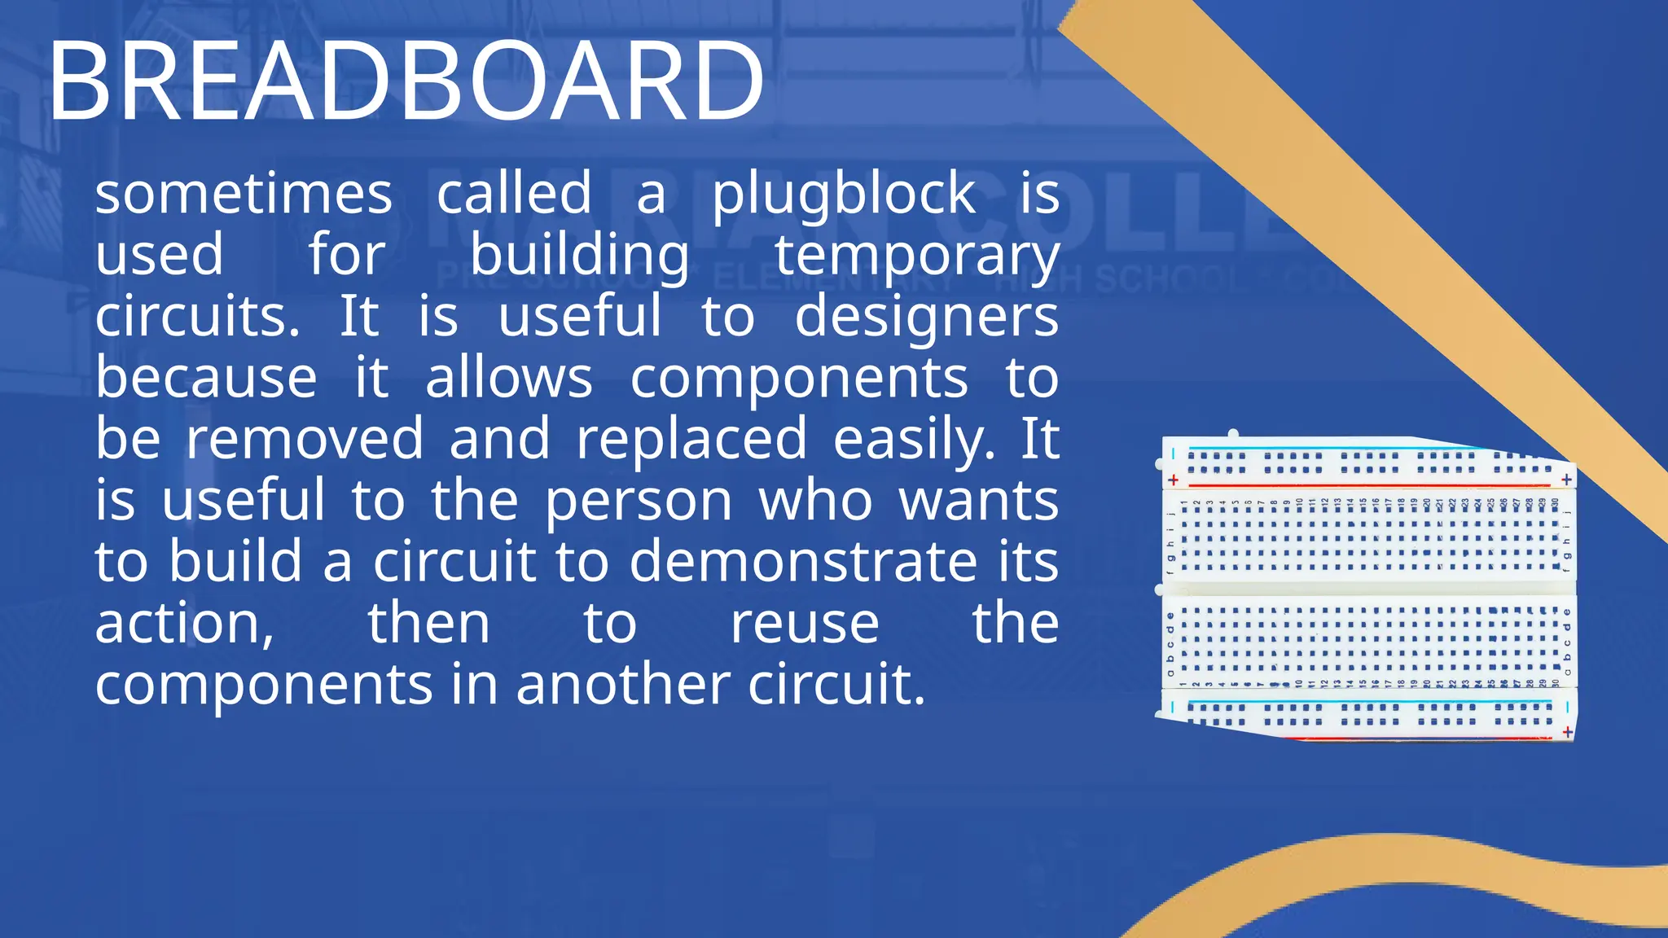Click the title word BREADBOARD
click(406, 81)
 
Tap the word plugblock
click(844, 195)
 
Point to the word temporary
click(917, 256)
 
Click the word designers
click(926, 318)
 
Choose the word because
click(206, 378)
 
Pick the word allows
click(509, 378)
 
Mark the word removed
click(305, 439)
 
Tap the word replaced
click(691, 439)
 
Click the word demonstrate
click(803, 561)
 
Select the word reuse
click(804, 623)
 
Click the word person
click(639, 501)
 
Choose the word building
click(580, 256)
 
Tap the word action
click(184, 623)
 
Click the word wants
click(978, 501)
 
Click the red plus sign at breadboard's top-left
click(1173, 480)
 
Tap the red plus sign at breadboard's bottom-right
click(1568, 732)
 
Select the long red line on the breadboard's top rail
click(1368, 485)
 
